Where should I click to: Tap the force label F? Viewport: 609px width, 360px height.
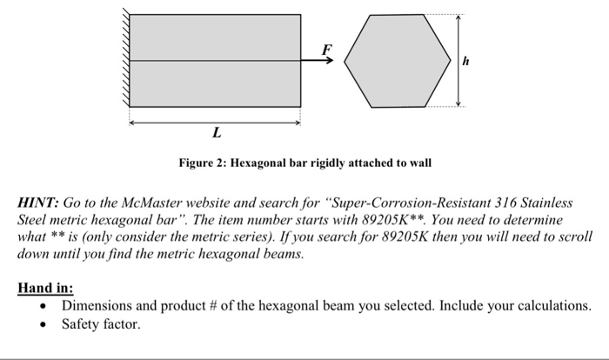[x=327, y=49]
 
